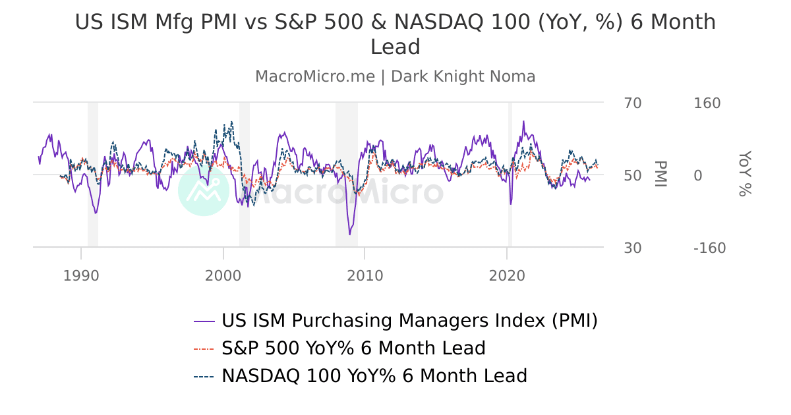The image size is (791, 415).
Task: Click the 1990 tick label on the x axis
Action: coord(81,275)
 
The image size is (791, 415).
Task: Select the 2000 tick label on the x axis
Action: coord(223,275)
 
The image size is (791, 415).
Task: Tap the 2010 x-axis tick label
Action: coord(365,275)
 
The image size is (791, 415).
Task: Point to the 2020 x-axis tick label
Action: coord(507,275)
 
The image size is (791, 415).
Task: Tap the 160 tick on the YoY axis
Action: coord(707,103)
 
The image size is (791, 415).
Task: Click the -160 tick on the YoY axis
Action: coord(709,248)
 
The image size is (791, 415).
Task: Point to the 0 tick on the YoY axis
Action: coord(697,176)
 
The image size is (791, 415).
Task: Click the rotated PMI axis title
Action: coord(660,174)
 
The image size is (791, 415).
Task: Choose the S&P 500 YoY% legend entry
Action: coord(353,348)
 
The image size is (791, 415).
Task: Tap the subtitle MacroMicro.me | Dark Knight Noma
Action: coord(395,76)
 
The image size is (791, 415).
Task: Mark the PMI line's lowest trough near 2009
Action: coord(350,235)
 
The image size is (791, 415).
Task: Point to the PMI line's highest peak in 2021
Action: coord(523,121)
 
